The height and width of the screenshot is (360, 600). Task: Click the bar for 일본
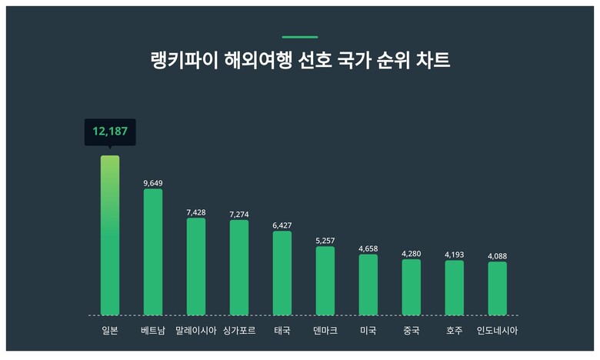(110, 235)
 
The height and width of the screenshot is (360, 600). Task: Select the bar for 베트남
(153, 252)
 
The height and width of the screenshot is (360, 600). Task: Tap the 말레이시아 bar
(196, 266)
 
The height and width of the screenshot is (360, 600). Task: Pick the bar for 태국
(282, 273)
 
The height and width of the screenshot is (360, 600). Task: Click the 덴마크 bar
(325, 281)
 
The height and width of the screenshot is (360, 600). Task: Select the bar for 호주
(455, 288)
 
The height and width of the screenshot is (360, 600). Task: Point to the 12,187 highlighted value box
(110, 132)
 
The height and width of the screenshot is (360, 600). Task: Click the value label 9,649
(153, 183)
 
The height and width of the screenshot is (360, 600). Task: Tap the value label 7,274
(239, 214)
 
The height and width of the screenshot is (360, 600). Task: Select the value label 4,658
(368, 248)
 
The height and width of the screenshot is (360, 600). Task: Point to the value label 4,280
(412, 253)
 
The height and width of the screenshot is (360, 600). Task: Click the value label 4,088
(498, 255)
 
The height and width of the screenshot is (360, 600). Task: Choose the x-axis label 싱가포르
(239, 331)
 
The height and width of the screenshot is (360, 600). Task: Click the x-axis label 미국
(368, 331)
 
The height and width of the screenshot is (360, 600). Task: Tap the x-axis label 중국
(412, 331)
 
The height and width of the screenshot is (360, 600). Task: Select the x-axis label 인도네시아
(498, 331)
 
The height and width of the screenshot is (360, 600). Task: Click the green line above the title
(299, 37)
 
